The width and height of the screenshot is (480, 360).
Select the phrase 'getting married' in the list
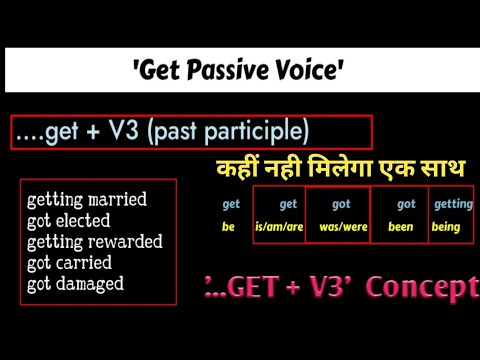coord(88,199)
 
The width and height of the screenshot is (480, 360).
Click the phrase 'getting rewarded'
coord(95,241)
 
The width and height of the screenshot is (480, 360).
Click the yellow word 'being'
coord(446,227)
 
